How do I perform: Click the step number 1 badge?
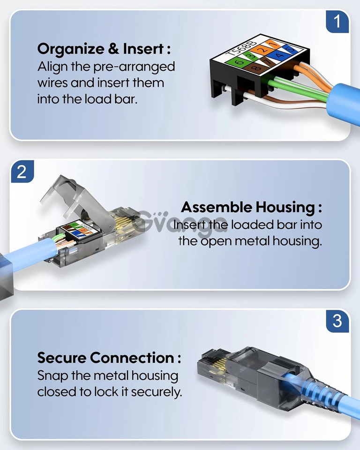click(x=337, y=22)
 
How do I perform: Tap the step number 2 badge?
click(x=22, y=172)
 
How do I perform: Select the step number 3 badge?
click(x=337, y=321)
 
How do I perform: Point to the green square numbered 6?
click(x=240, y=61)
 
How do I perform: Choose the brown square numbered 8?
click(x=255, y=68)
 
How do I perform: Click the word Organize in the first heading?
click(x=71, y=49)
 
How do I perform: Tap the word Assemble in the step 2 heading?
click(x=217, y=207)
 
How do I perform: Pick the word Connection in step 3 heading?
click(x=132, y=358)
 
